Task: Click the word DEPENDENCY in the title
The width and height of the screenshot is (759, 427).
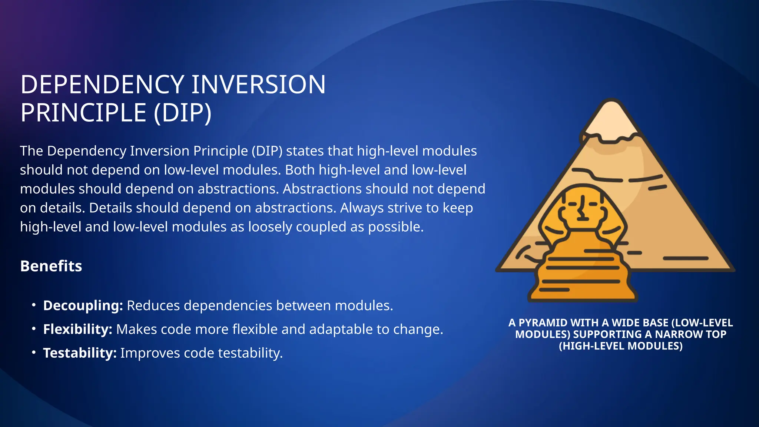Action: point(102,85)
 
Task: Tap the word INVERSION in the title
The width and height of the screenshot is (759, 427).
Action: point(258,85)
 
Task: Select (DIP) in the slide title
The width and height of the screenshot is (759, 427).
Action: point(182,113)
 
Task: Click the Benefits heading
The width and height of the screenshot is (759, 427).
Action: point(51,266)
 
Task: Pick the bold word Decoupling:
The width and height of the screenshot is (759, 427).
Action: point(83,306)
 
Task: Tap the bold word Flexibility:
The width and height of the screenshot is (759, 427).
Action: point(77,330)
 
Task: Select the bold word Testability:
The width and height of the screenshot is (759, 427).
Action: point(80,353)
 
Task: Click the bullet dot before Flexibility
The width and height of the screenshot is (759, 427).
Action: point(34,329)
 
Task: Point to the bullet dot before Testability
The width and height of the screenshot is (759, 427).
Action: point(34,352)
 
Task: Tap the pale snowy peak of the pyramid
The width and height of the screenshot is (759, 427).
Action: point(611,120)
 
